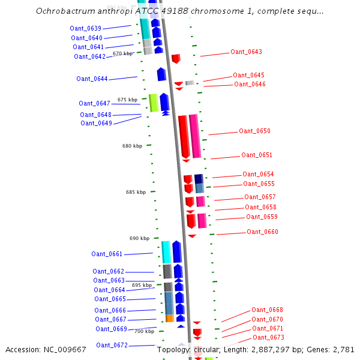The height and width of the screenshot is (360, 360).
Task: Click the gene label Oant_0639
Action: pyautogui.click(x=85, y=28)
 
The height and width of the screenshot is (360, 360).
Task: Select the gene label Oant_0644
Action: pyautogui.click(x=92, y=79)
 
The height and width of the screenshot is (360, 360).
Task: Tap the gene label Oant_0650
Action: pyautogui.click(x=254, y=131)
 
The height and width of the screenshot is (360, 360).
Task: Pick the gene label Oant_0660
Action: pyautogui.click(x=262, y=232)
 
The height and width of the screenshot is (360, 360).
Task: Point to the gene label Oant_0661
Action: pyautogui.click(x=107, y=254)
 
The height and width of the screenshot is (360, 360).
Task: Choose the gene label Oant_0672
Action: pyautogui.click(x=112, y=345)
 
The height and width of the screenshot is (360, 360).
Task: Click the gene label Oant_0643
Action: pyautogui.click(x=246, y=52)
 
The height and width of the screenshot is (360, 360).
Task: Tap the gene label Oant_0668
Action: pyautogui.click(x=267, y=310)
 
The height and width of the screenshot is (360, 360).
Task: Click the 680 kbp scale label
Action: pyautogui.click(x=132, y=146)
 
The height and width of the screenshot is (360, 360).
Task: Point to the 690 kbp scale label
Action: pyautogui.click(x=139, y=238)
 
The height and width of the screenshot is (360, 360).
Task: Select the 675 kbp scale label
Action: pyautogui.click(x=127, y=100)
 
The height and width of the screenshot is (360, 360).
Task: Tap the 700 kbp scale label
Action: pyautogui.click(x=144, y=331)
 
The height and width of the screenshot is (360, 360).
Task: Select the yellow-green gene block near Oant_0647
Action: pyautogui.click(x=154, y=102)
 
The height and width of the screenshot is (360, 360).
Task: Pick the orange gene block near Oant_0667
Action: pyautogui.click(x=170, y=318)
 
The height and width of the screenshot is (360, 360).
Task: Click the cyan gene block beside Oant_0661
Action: pyautogui.click(x=166, y=251)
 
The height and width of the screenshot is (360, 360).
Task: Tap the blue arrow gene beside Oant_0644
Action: pyautogui.click(x=161, y=74)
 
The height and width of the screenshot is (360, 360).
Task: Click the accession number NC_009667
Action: pyautogui.click(x=66, y=349)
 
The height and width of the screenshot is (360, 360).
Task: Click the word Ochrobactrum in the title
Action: pyautogui.click(x=63, y=11)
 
